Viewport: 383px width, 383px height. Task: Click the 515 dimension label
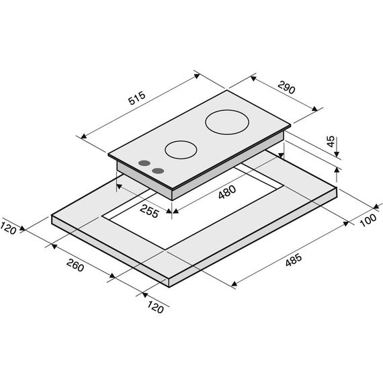click(137, 98)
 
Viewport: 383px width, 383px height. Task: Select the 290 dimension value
click(286, 87)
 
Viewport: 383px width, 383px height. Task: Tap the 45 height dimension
click(331, 141)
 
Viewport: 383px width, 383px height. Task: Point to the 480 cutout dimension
click(227, 192)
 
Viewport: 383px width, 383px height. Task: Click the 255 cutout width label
click(149, 211)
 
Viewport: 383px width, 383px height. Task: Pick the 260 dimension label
click(75, 265)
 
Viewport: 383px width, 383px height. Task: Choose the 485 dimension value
click(294, 260)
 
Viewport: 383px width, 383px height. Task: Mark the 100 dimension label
click(368, 220)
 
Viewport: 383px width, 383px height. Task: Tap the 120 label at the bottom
click(155, 307)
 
